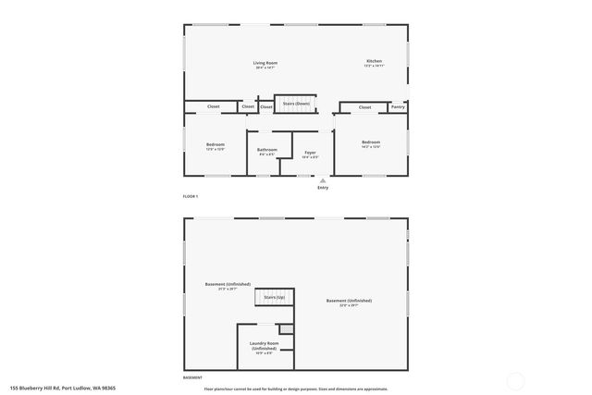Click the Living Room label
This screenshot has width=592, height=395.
tap(265, 63)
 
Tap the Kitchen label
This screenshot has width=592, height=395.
tap(373, 61)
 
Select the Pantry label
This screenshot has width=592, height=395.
tap(398, 107)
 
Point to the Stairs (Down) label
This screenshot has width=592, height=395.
tap(296, 104)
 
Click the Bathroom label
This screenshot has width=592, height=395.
tap(267, 149)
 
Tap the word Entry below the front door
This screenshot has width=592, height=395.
tap(323, 188)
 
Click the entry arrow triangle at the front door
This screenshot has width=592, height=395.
tap(323, 180)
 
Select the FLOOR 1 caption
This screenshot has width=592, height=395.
tap(191, 197)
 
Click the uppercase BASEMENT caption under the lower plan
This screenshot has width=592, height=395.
tap(192, 378)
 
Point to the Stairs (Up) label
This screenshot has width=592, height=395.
tap(275, 297)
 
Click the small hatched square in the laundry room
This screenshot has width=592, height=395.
tap(287, 329)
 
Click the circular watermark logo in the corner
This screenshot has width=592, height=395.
tap(516, 379)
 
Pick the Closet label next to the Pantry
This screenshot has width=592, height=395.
tap(364, 107)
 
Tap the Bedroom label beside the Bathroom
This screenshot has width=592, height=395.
tap(215, 143)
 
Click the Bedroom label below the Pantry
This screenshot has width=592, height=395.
tap(371, 142)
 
